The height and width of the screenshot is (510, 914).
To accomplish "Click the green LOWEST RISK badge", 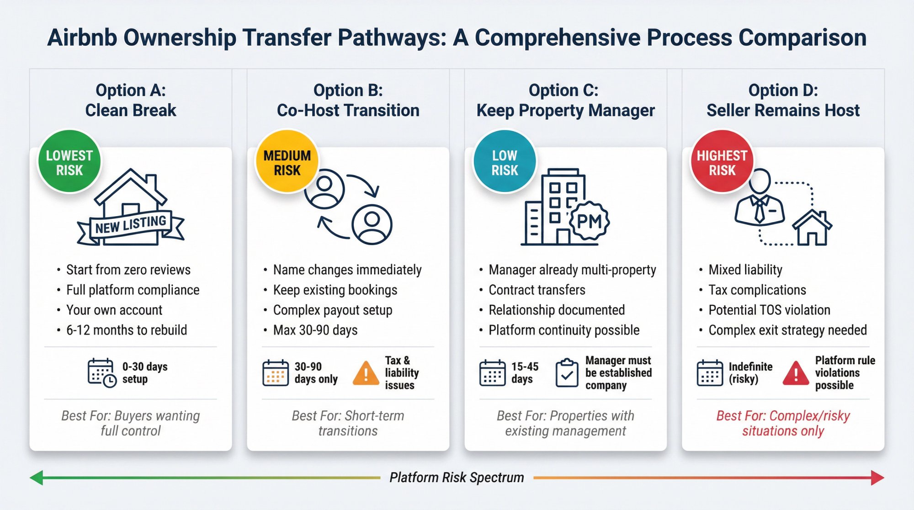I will (69, 162).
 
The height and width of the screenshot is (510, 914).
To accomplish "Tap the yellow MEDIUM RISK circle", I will (287, 162).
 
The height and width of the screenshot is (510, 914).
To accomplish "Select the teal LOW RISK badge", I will (505, 162).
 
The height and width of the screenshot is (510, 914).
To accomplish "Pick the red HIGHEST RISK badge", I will (722, 162).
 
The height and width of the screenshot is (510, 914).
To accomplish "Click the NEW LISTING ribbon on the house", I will (131, 225).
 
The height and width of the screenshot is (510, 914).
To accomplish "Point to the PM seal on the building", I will (590, 221).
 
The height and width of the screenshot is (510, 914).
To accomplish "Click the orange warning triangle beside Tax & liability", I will (366, 373).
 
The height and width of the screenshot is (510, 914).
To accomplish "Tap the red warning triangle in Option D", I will (796, 373).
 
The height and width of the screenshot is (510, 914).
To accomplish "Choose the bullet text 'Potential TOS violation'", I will (769, 310).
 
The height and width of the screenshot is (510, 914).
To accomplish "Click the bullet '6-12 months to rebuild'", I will (127, 330).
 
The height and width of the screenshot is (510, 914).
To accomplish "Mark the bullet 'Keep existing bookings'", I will (335, 290).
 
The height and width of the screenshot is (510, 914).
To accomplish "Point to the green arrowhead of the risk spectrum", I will (37, 478).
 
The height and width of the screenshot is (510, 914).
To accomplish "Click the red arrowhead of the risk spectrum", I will (877, 478).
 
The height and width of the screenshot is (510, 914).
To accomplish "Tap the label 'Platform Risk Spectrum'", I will (457, 478).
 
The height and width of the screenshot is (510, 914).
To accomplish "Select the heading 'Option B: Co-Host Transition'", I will (348, 101).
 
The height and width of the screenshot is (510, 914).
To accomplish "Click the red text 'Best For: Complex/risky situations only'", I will (783, 423).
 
